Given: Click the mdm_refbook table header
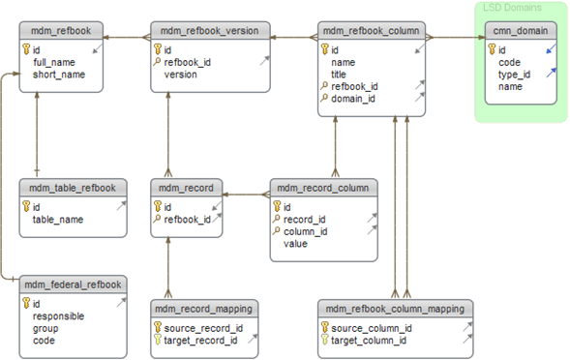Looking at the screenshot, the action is point(61,31).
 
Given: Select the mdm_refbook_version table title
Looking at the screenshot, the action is point(210,31).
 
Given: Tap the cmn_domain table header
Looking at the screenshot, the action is point(521,31).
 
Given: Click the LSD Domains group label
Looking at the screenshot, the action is point(512,8).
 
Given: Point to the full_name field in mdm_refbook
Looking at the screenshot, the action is point(54,63).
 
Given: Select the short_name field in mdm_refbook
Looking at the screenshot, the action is point(59,75).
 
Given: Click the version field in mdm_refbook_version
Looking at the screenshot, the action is point(181,75).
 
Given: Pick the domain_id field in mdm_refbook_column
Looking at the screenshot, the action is point(353,99).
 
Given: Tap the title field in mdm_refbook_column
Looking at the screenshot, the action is point(339,75).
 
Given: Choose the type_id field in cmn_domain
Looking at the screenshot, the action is point(515,75).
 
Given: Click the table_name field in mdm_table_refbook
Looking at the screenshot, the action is point(58,220).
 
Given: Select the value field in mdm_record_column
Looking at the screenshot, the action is point(295,244).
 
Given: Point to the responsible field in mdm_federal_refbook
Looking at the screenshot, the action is point(58,316).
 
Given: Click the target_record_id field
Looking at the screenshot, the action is point(200,341).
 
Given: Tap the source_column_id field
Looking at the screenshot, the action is point(372,328).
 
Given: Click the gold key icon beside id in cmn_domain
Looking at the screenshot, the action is point(493,49).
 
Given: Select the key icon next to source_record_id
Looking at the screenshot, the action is point(158,328).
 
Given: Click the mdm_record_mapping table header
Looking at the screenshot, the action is point(204,309).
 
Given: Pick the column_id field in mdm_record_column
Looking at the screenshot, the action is point(306,232).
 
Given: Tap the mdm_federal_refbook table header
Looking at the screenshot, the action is point(74,285).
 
